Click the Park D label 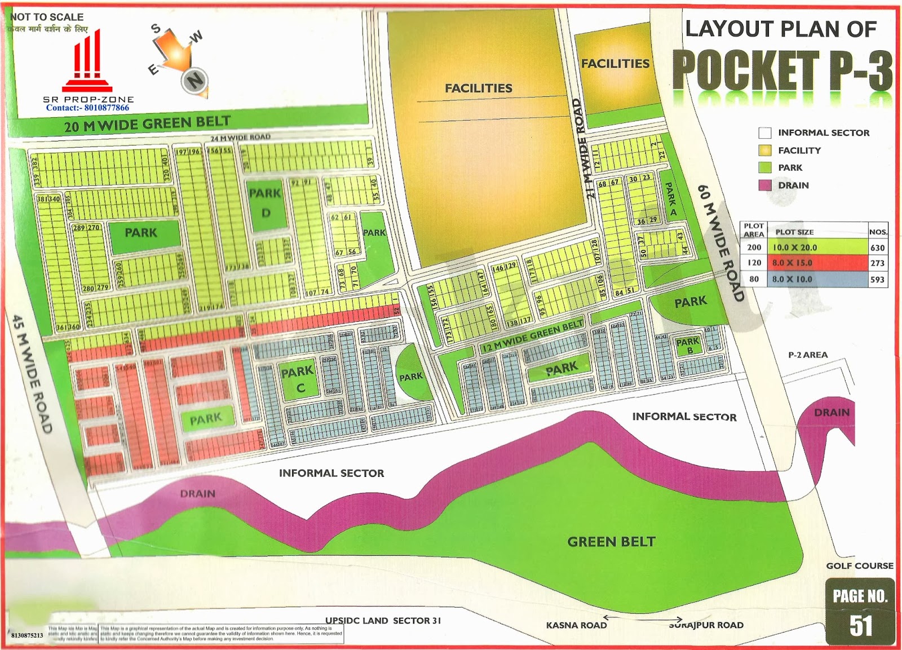265,202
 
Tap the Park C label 298,379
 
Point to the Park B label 688,346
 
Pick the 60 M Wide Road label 721,243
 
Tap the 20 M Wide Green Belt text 147,123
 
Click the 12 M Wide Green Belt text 532,337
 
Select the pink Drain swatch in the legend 765,185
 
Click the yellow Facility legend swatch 765,151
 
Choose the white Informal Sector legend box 765,133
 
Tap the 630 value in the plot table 877,247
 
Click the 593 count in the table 877,279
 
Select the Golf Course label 860,565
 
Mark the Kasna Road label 576,625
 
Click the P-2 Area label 808,355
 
